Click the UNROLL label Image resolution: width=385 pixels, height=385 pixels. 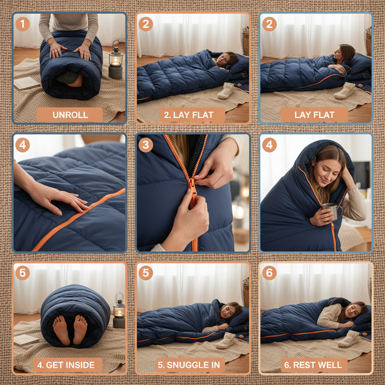coord(70,115)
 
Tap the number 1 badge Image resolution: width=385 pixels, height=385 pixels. coord(23,24)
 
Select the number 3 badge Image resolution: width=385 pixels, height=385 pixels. coord(146,145)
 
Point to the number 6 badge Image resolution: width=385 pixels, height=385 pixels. coord(269,273)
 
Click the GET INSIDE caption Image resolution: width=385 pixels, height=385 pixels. coord(67,365)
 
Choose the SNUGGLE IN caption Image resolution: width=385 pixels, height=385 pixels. coord(191,365)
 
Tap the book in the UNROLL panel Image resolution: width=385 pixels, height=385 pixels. coord(27,83)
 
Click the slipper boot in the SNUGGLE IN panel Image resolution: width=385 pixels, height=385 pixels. coord(226,340)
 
